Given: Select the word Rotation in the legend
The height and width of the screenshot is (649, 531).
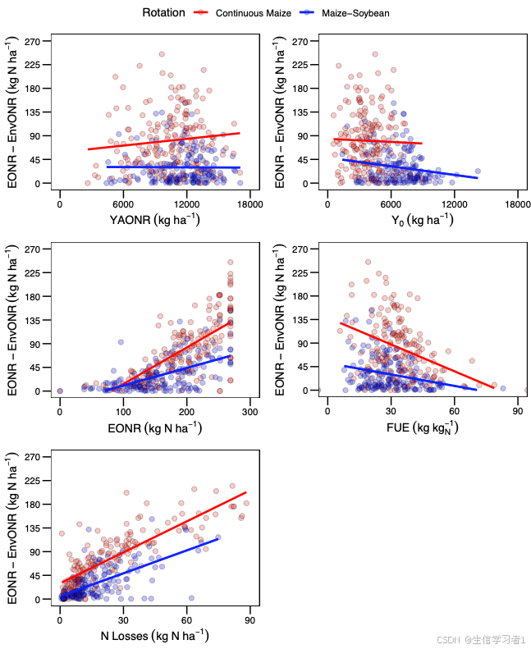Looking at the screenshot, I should (163, 12).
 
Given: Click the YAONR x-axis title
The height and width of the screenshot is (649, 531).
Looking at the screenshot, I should (154, 220).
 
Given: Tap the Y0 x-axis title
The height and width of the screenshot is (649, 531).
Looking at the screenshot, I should (423, 220).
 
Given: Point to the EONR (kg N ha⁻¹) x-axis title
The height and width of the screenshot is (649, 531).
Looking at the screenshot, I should (155, 428).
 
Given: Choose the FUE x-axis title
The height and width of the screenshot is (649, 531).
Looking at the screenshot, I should (423, 428).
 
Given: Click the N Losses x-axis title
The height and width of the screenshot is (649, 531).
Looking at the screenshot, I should (154, 636).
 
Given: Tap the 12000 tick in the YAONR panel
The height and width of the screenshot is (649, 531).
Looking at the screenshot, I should (186, 203).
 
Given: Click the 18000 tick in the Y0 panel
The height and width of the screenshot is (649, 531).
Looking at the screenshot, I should (517, 203).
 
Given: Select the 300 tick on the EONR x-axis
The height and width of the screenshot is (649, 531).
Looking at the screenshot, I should (250, 411).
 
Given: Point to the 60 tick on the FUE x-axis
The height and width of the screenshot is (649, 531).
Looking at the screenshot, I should (454, 411).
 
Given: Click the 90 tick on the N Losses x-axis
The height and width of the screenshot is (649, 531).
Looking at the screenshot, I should (249, 619).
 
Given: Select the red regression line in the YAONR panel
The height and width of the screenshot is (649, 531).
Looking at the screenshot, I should (164, 140).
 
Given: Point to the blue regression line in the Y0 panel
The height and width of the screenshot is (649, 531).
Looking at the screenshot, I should (410, 168).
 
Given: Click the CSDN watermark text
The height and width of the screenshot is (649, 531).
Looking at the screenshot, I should (481, 639).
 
